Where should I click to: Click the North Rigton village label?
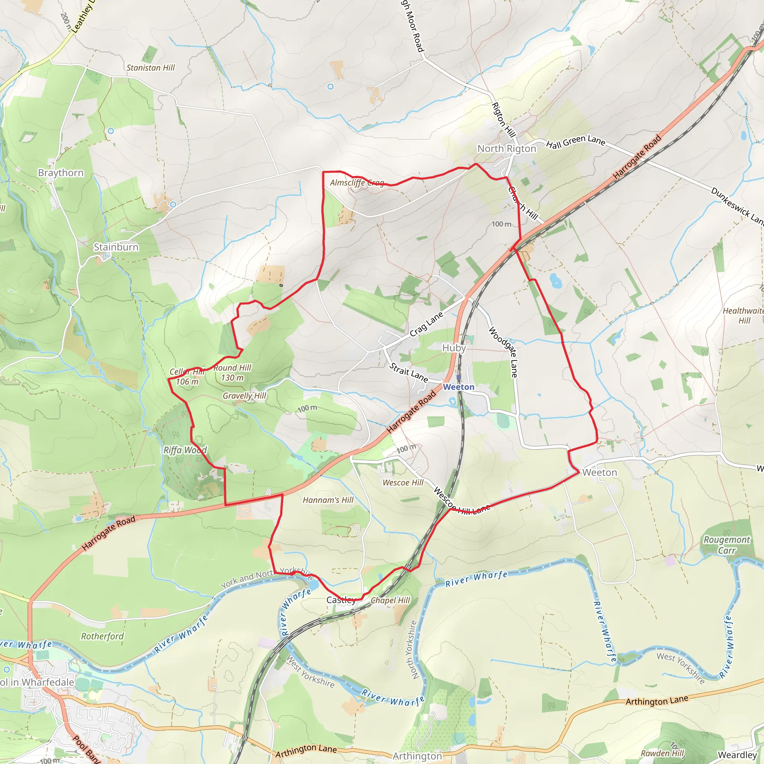[507, 149]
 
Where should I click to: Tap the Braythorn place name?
[61, 173]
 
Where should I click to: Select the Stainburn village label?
[116, 247]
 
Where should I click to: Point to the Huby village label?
[454, 348]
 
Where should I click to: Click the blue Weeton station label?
[459, 387]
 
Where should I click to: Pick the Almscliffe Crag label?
[357, 183]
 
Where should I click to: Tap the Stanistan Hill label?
[151, 68]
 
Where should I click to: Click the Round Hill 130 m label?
[232, 373]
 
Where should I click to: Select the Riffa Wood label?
[185, 450]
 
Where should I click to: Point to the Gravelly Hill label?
[244, 396]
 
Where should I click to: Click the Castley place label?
[341, 600]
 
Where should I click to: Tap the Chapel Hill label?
[391, 600]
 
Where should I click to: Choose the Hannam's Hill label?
[328, 500]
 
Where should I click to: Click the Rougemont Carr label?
[726, 545]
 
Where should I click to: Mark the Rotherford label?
[103, 636]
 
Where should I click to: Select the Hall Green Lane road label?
[575, 141]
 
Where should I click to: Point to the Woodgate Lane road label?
[503, 351]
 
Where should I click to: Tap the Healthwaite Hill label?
[743, 316]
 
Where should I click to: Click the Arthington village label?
[417, 756]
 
